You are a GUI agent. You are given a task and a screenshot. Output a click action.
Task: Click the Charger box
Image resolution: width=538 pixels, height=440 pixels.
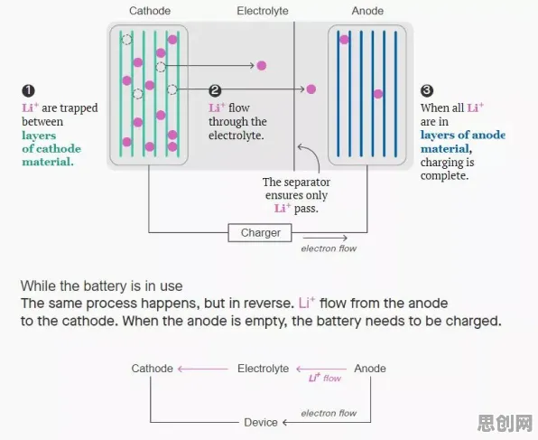coord(260,233)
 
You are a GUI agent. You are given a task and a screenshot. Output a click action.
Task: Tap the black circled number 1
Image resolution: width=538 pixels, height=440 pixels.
coord(28,90)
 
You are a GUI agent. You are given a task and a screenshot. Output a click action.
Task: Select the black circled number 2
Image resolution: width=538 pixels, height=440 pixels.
coord(215,90)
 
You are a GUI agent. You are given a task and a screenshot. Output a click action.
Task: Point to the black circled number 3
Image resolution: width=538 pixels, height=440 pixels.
coord(427,90)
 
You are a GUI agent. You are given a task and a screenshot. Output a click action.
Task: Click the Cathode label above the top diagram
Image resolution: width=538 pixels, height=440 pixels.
coord(150,11)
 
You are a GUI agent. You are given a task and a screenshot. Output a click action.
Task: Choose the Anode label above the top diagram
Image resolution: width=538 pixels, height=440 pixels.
coord(367,11)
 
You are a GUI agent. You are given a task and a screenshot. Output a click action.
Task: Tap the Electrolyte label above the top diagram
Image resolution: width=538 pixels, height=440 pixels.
coord(263,11)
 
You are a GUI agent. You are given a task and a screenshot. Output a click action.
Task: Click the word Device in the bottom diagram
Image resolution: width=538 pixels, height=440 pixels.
coord(261,422)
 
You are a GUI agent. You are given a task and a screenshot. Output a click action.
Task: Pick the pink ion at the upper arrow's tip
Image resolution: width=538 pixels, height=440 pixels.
coord(262,65)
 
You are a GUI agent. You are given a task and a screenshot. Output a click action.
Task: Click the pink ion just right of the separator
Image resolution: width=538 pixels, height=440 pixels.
coord(311,89)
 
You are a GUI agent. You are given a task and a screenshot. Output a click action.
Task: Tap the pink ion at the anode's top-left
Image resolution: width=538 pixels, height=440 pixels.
coord(344,40)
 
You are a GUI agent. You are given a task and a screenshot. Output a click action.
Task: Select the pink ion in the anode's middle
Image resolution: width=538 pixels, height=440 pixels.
coord(377,94)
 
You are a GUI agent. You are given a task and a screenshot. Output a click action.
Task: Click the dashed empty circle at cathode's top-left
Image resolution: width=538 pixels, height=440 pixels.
coord(126,40)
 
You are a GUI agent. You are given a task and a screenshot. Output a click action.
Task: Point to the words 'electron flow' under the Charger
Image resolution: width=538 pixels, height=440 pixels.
coord(329,248)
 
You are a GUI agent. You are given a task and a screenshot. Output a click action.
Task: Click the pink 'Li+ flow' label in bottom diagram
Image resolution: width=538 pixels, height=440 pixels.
coord(325,378)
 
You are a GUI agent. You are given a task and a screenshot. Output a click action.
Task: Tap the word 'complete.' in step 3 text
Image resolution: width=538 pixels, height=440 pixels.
coord(444,176)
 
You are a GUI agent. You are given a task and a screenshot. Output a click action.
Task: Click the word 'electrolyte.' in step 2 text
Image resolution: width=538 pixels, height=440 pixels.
coord(237,136)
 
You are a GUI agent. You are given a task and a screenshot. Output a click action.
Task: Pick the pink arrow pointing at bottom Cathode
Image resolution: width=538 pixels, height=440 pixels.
coord(203,369)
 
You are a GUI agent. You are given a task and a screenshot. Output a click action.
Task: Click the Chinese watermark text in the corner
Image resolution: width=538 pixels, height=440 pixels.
coord(506,423)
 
